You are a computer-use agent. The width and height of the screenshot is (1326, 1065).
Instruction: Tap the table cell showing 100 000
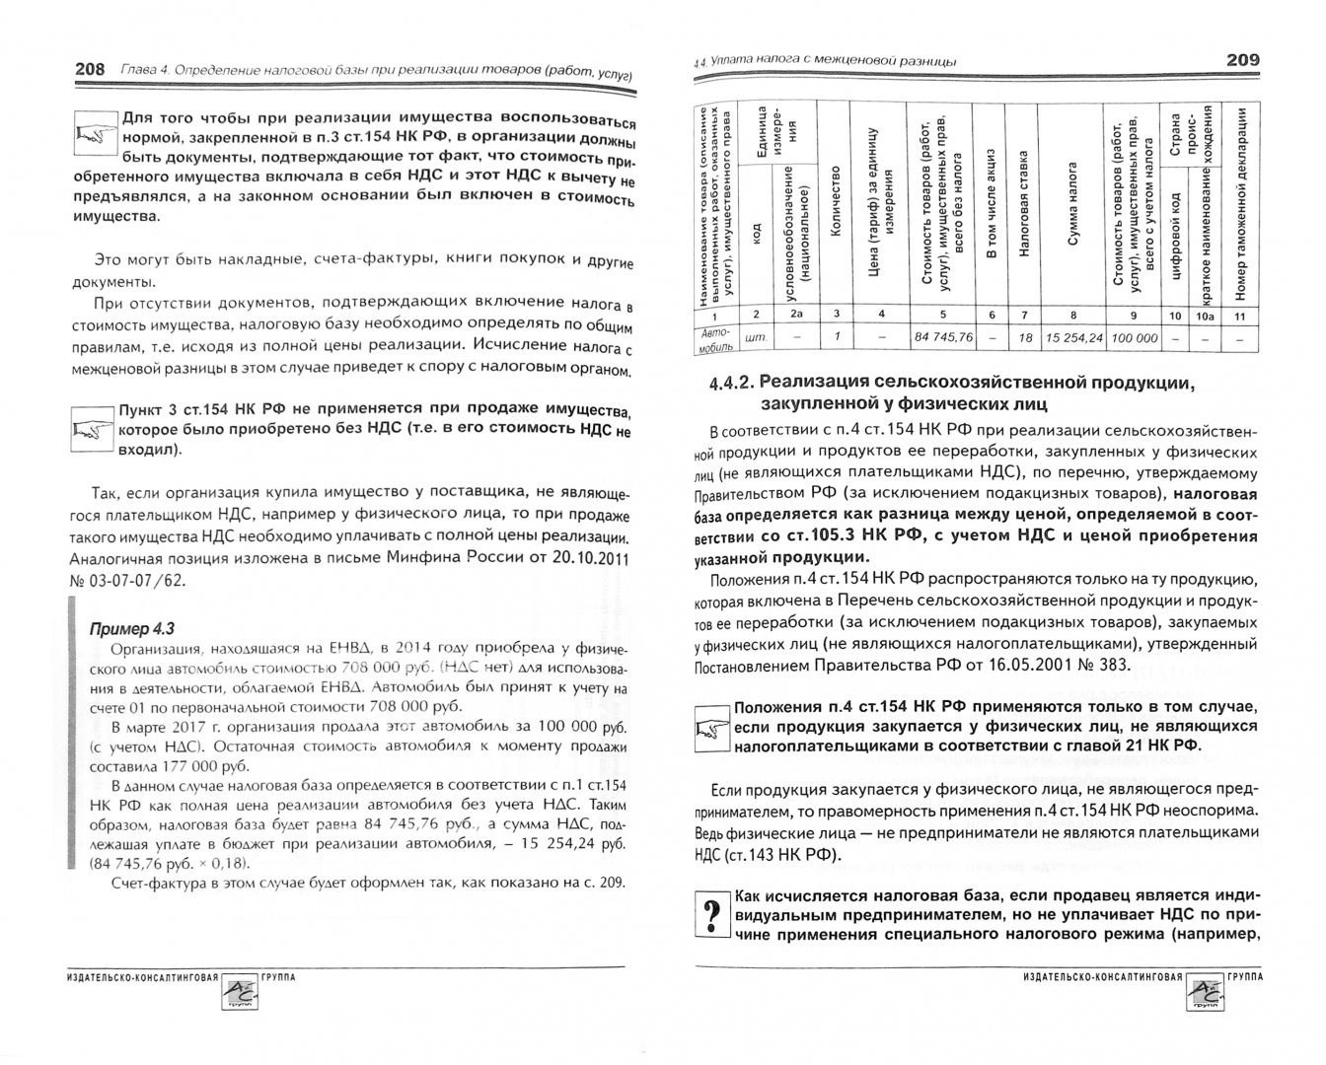point(1134,337)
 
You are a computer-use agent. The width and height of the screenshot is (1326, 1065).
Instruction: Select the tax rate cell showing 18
point(1024,337)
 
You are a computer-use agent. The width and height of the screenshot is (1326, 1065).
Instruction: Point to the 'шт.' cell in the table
point(758,337)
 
